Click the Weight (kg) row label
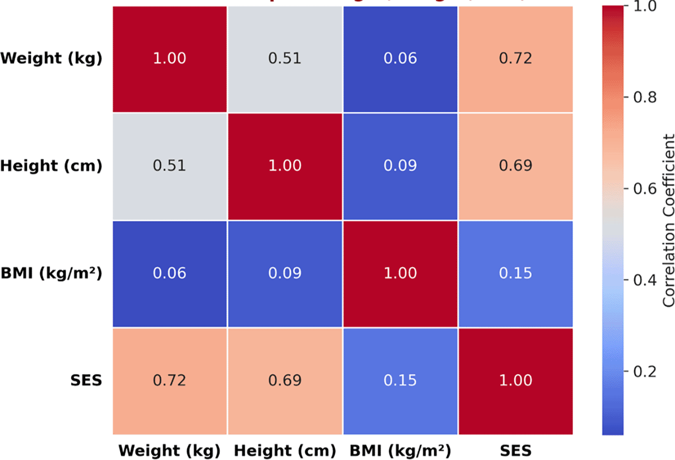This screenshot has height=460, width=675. click(51, 59)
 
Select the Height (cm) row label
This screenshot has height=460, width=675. click(51, 166)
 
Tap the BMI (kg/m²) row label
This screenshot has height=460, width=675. click(51, 273)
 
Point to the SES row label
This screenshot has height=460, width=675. click(86, 380)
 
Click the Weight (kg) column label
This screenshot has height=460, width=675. click(170, 450)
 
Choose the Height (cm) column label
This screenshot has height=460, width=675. click(285, 450)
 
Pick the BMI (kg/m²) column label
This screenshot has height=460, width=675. click(400, 450)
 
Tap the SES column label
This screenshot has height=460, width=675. click(515, 450)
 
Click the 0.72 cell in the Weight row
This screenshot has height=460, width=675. click(515, 59)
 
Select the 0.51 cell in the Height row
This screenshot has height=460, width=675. click(170, 166)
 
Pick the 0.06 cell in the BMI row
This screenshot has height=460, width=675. click(170, 273)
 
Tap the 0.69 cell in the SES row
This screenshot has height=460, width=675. click(285, 380)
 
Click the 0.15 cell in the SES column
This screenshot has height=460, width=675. click(515, 273)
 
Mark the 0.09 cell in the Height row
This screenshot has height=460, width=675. click(400, 166)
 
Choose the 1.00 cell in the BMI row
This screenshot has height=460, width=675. click(400, 273)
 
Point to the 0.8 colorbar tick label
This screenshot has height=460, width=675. click(645, 98)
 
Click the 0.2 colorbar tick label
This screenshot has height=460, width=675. click(645, 371)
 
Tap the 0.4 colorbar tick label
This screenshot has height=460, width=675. click(645, 280)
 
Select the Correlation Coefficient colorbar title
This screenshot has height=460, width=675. click(669, 220)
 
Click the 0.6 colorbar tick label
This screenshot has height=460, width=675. click(645, 189)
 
